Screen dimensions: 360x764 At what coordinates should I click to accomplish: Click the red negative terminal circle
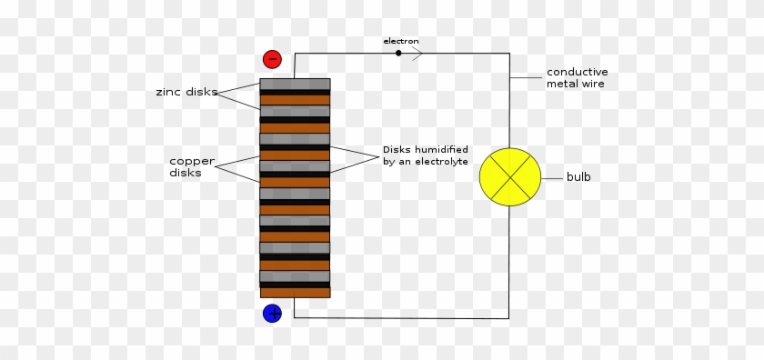pos(272,60)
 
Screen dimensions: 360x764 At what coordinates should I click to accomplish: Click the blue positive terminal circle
pos(272,314)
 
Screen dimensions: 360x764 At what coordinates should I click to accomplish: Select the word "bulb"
pos(578,176)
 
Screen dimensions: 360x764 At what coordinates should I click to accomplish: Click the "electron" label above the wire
pos(401,41)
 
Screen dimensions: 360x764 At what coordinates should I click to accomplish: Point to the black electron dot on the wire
pos(398,53)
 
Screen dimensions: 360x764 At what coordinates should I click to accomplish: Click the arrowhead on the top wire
pos(418,53)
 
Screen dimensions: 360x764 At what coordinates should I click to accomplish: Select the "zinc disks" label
pos(186,92)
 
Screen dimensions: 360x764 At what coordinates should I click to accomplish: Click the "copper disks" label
pos(192,166)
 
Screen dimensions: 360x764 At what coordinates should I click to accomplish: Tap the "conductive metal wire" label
pos(577,77)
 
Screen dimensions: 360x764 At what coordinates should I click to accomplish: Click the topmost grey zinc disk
pos(295,84)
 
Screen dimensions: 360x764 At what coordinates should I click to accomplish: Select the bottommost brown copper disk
pos(295,293)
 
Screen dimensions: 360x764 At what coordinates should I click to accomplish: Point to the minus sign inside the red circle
pos(272,60)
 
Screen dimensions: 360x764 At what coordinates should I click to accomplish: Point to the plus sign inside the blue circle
pos(272,314)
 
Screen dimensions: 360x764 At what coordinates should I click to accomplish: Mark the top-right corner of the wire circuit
pos(509,53)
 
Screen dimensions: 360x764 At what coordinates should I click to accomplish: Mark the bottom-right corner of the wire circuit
pos(509,318)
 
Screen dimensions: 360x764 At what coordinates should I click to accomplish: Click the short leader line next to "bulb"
pos(551,176)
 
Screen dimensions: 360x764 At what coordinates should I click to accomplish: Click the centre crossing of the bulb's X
pos(509,176)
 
